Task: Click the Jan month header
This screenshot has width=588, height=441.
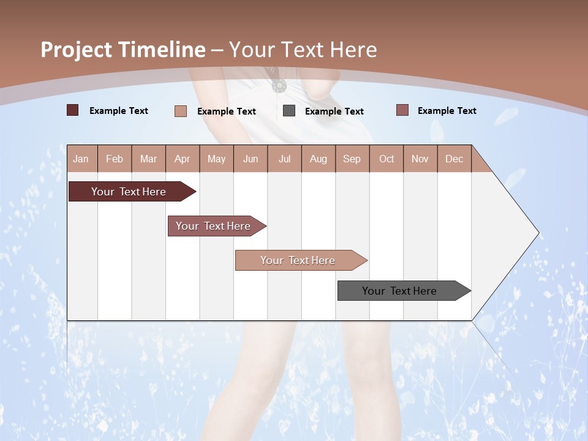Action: click(x=81, y=159)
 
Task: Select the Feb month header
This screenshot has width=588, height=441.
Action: click(x=115, y=159)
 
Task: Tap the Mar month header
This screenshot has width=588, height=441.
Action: click(x=148, y=159)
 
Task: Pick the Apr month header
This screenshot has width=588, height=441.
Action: click(x=182, y=159)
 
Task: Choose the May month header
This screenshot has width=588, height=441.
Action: click(x=216, y=159)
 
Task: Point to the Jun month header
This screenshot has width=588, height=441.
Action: click(x=251, y=159)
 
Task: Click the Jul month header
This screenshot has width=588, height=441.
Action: click(x=284, y=159)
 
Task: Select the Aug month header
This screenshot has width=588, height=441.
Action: click(x=318, y=159)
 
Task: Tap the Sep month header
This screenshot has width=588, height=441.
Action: click(x=352, y=159)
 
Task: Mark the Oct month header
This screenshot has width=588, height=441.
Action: click(x=386, y=159)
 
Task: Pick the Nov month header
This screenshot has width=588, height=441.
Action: click(x=420, y=159)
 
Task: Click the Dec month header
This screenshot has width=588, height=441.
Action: click(x=454, y=159)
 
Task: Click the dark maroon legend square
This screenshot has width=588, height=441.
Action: click(x=72, y=110)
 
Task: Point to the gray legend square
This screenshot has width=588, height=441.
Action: click(x=289, y=110)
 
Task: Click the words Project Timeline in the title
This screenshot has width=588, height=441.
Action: click(x=123, y=50)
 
